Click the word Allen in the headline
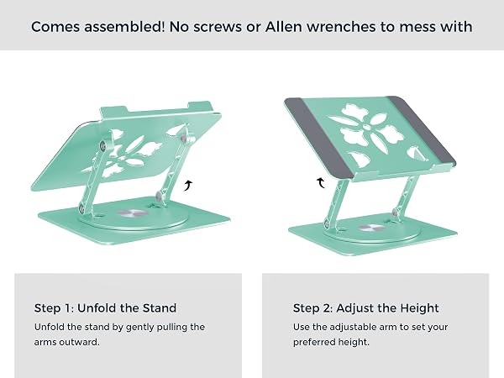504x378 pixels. [x=283, y=27]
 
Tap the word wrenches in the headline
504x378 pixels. [x=341, y=27]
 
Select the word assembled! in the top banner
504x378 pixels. [x=124, y=27]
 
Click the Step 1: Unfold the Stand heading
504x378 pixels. [x=105, y=308]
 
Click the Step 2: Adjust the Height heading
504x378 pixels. [x=365, y=308]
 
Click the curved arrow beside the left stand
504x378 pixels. [x=188, y=186]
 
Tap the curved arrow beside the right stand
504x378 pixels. [x=321, y=182]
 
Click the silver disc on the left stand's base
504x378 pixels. [x=131, y=213]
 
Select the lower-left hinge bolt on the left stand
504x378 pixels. [x=81, y=209]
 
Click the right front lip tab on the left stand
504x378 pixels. [x=200, y=106]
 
